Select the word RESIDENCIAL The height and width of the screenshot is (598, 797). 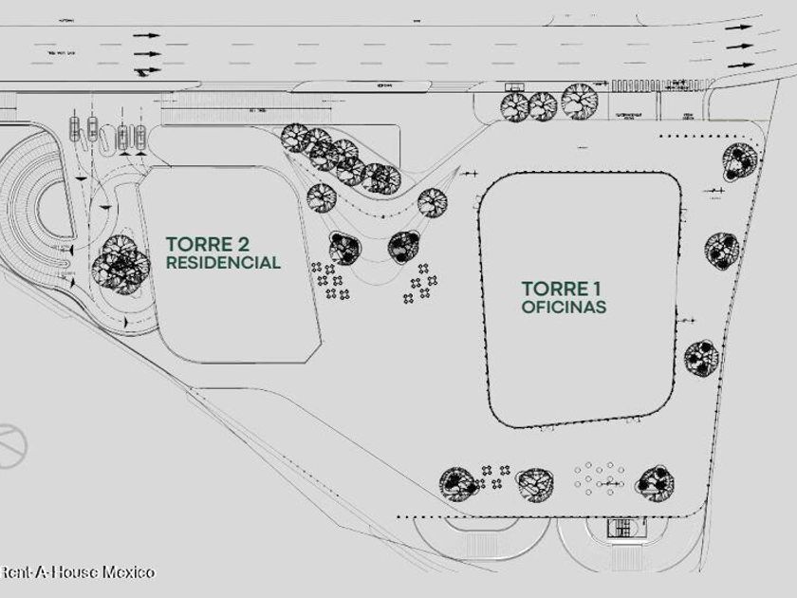pos(223,263)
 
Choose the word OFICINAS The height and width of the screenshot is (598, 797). pos(564,308)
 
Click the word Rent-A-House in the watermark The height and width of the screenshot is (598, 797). pos(49,571)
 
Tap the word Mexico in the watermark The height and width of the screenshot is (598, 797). pos(128,571)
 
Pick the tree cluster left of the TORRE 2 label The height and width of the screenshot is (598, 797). pos(120,263)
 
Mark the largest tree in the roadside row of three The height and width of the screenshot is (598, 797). pos(578,100)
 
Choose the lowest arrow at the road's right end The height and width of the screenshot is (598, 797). pos(739,65)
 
